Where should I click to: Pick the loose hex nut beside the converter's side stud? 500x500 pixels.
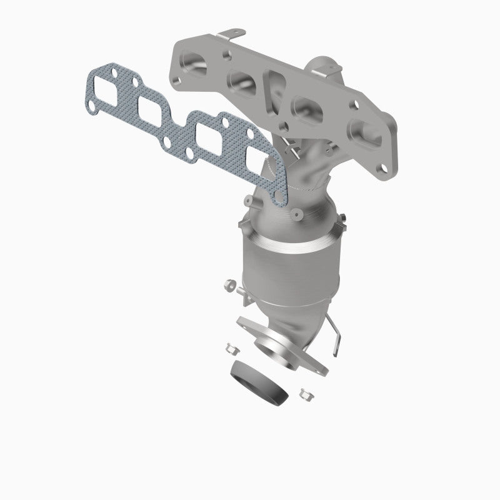coord(228,287)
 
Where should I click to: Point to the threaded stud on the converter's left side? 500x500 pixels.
coord(241,291)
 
